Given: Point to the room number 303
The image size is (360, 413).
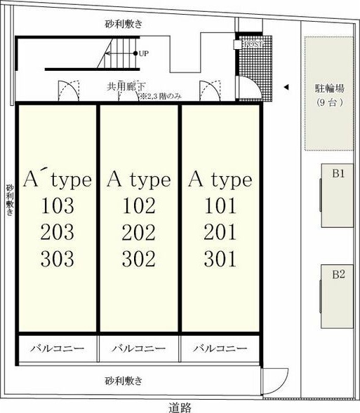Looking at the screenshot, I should [58, 259].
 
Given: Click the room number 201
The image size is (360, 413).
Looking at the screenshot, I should [220, 233].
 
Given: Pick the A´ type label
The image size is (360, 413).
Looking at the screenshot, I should [58, 180].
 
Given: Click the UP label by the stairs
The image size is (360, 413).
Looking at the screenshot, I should [144, 53].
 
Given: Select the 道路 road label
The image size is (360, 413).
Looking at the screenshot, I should [180, 407].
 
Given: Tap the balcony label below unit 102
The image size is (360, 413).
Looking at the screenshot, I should [139, 348].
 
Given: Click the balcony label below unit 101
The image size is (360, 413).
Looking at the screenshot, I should [220, 348].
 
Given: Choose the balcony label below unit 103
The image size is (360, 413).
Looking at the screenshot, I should [58, 348].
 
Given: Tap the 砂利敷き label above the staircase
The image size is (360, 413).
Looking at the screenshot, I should [124, 23].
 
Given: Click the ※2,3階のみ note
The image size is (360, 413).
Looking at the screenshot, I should [161, 96].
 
